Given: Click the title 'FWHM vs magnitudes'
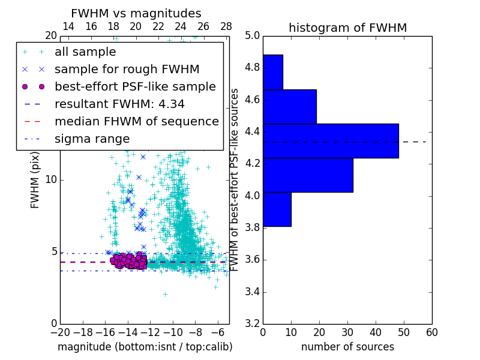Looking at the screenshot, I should [136, 13].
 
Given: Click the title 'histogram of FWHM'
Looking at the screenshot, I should [347, 28].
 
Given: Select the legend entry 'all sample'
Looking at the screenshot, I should [85, 52].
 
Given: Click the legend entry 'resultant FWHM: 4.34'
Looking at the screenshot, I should [119, 104].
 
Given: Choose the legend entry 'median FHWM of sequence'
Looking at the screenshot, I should [136, 121].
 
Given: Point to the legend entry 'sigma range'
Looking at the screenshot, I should [92, 139].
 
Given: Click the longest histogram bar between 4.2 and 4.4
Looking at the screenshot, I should [331, 141].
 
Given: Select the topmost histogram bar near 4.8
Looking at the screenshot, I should [272, 72].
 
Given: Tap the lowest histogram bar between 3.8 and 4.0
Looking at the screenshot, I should [277, 209].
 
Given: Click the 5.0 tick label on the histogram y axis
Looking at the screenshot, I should [252, 35].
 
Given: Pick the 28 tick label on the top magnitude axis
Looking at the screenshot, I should [226, 26].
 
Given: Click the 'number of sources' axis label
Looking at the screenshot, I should [347, 347].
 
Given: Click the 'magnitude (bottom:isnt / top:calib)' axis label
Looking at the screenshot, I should [145, 347].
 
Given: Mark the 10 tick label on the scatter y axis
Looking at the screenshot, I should [51, 180].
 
